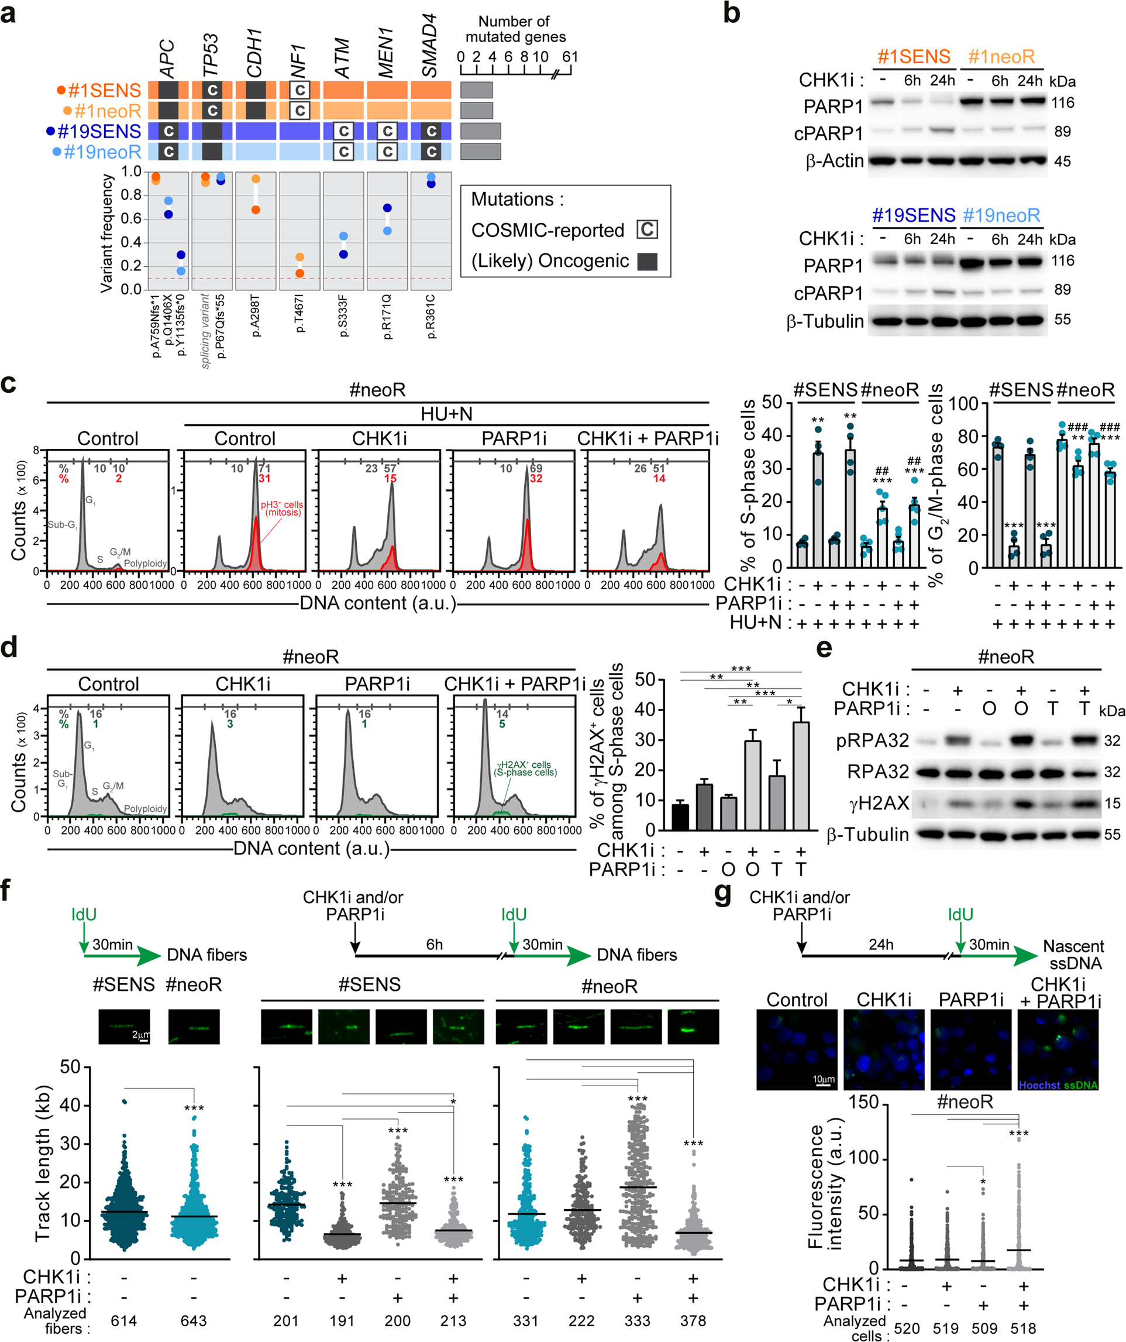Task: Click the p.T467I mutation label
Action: coord(300,313)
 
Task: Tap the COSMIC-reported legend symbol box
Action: coord(647,229)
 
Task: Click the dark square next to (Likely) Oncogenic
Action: coord(647,262)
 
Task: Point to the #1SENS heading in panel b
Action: coord(913,57)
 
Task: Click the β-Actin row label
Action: coord(834,161)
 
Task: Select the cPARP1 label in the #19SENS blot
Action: coord(828,293)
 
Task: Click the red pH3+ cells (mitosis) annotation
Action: coord(283,508)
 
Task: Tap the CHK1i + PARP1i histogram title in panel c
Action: coord(648,438)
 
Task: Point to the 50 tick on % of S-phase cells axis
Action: coord(772,402)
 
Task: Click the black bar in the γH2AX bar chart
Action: coord(680,816)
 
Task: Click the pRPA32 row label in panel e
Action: coord(873,741)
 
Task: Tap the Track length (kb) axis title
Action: coord(43,1163)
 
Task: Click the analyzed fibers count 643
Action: coord(194,1320)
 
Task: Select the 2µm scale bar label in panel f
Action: coord(140,1034)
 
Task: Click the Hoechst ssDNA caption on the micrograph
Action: coord(1058,1085)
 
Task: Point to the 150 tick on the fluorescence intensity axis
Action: coord(864,1103)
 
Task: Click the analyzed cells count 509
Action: coord(984,1329)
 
